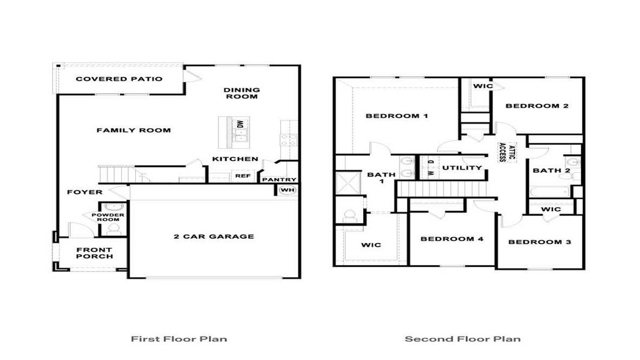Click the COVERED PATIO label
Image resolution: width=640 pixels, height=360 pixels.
pos(119,79)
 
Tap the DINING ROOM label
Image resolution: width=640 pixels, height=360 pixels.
pos(241,92)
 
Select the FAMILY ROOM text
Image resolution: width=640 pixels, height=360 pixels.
pos(133,130)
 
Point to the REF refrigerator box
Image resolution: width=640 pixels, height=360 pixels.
pos(243,176)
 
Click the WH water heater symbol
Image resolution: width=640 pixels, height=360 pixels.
pos(288,190)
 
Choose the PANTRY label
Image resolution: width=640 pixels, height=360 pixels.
pos(279,179)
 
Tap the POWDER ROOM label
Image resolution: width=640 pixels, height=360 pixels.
pos(109,217)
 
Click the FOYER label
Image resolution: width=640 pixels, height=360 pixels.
pos(84,192)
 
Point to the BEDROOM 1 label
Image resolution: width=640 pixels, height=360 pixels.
pos(396,116)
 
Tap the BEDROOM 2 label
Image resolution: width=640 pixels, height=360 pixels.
pos(537,106)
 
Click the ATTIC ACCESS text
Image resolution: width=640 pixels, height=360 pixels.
pos(507,152)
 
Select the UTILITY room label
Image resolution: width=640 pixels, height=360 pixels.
pos(462,168)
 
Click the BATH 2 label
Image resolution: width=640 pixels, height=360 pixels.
pos(551,170)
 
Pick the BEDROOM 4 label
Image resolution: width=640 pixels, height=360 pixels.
pos(451,239)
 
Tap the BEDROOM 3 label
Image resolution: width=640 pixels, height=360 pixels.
pos(539,242)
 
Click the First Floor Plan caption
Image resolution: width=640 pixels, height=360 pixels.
pos(179,339)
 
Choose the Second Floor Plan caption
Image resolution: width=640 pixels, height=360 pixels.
pos(462,339)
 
